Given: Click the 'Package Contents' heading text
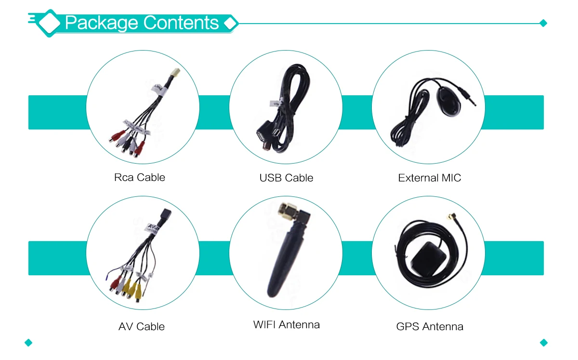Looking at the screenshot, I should tap(142, 23).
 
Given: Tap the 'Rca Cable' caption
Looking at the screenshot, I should tap(140, 178).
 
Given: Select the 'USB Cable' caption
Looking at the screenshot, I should tap(286, 178).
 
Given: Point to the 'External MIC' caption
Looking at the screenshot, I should tap(429, 178).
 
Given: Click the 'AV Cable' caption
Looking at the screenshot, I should tap(141, 327).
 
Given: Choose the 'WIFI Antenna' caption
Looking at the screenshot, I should tap(286, 325).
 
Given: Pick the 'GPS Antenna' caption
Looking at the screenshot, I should tap(429, 327).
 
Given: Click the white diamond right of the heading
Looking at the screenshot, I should tap(231, 23).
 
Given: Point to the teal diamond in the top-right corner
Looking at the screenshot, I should tap(544, 23).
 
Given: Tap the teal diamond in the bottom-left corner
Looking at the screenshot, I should tap(28, 343).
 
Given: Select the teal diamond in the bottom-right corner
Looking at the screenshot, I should tap(544, 343).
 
